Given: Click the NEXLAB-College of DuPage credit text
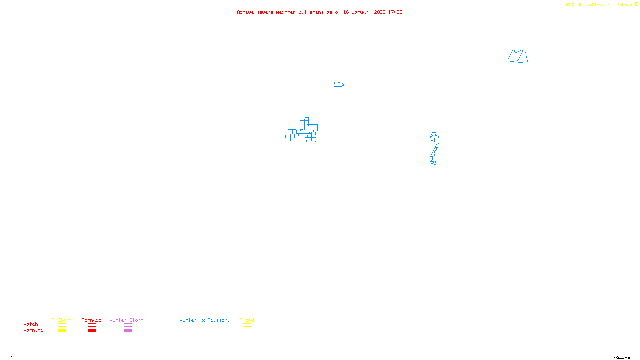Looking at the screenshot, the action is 600,5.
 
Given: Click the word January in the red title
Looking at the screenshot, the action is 361,12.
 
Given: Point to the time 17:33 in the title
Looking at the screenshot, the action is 395,12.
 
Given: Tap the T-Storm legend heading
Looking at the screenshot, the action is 62,320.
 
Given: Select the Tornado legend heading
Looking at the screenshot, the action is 92,320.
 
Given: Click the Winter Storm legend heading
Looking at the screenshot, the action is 126,320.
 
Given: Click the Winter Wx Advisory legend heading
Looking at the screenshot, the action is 205,320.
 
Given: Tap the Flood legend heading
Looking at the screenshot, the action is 247,320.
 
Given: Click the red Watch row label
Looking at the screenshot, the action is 31,324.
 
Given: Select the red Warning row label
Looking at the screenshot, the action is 33,330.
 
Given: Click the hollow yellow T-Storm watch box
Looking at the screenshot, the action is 62,325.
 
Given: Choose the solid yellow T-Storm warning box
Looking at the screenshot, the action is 62,331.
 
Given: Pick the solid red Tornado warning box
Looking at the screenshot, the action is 92,331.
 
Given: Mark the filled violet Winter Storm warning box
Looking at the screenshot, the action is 128,331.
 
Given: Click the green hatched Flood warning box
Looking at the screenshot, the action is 247,331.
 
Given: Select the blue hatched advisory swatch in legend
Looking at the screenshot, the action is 204,331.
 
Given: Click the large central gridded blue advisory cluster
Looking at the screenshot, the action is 302,130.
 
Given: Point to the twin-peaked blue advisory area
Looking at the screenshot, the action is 518,57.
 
